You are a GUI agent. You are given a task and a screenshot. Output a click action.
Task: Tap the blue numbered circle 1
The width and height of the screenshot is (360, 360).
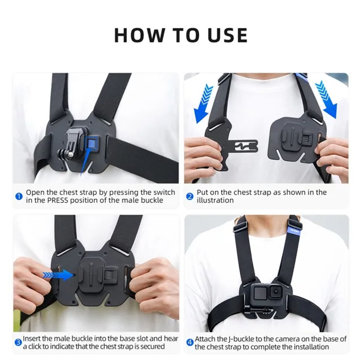tap(19, 197)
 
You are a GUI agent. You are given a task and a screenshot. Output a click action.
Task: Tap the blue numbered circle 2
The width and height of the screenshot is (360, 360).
tap(190, 197)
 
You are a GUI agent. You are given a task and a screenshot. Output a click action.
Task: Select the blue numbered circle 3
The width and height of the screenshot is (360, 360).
tap(18, 342)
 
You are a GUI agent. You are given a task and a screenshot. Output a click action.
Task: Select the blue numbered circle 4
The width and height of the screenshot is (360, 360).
tap(190, 342)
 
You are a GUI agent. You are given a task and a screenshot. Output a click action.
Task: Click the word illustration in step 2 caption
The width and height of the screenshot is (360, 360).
tap(215, 200)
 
